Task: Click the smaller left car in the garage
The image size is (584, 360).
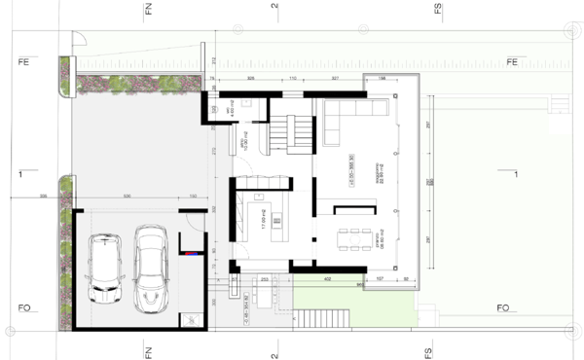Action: (104, 270)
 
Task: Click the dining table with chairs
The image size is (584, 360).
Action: (355, 237)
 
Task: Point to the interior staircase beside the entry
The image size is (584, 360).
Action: (290, 130)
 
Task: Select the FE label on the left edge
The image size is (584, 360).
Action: (20, 63)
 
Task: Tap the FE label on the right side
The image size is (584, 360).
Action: (512, 63)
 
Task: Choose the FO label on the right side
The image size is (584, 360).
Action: (503, 308)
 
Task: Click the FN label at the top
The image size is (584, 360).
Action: (149, 11)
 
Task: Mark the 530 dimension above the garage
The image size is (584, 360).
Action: (127, 198)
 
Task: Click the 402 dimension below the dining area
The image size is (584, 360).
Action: (328, 280)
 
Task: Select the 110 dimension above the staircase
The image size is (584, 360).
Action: (292, 77)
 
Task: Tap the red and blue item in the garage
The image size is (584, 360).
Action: (197, 252)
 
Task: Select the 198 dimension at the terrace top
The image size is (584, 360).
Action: (382, 77)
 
